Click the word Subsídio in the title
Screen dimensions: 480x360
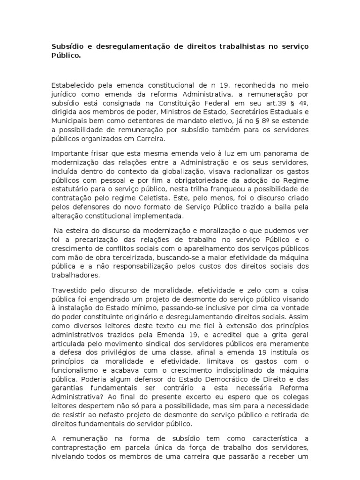coord(66,47)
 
